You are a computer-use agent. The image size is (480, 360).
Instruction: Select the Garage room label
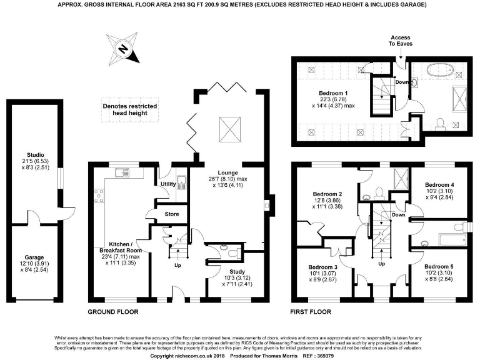pos(35,257)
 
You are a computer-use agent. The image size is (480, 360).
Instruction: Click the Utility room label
pos(167,184)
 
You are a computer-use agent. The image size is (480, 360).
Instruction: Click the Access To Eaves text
pos(401,42)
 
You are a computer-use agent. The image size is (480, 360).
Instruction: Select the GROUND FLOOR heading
pos(114,311)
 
